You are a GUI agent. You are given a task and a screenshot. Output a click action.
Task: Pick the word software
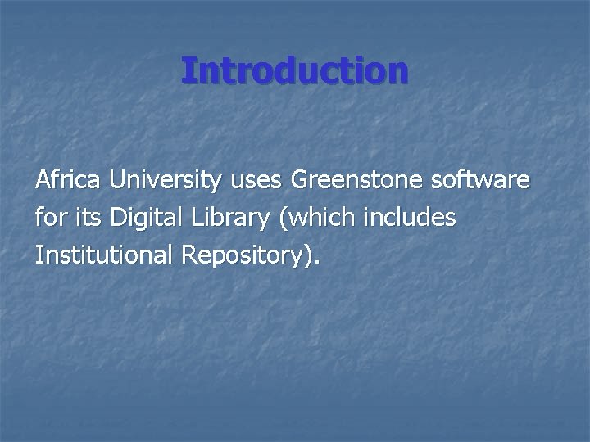(x=482, y=180)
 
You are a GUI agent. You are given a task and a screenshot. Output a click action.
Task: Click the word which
(x=309, y=219)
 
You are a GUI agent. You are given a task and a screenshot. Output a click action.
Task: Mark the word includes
(x=406, y=219)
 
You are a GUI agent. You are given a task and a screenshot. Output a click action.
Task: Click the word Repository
(x=243, y=257)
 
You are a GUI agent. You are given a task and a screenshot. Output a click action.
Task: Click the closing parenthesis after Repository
(x=307, y=257)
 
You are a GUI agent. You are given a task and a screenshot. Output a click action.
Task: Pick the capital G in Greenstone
(x=300, y=180)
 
